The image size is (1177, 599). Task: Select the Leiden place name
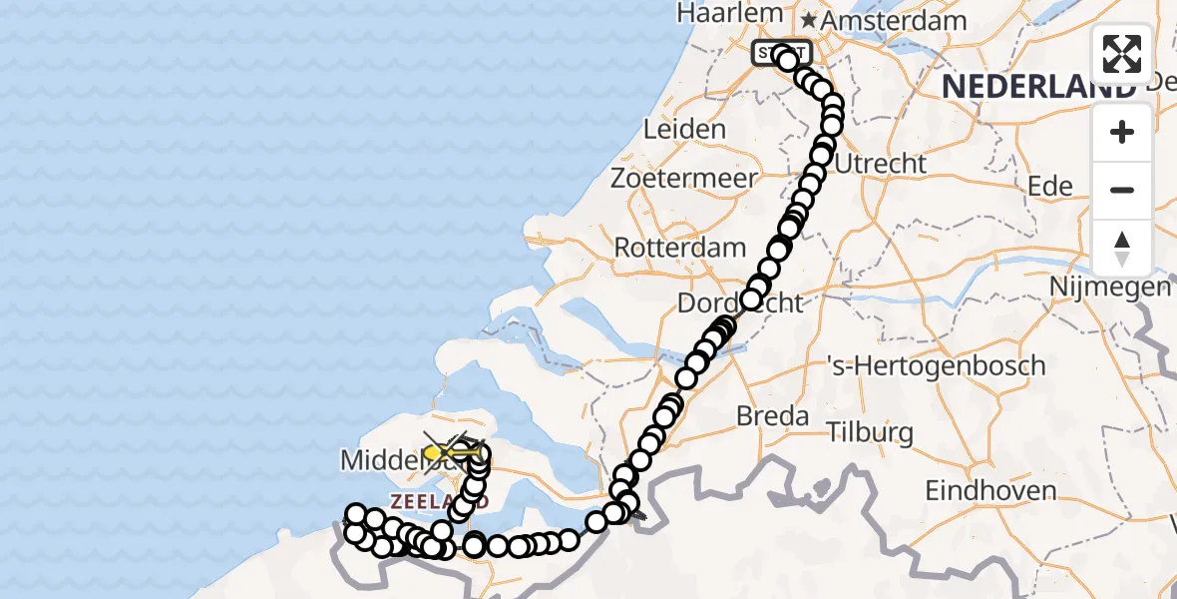684,130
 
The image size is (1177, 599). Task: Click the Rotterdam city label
680,248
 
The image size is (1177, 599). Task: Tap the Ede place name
1050,186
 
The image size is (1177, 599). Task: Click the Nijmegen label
1109,288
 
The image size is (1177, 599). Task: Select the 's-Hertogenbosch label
937,365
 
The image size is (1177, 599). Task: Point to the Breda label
771,415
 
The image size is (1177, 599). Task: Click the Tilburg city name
870,433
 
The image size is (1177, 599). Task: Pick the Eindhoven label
990,491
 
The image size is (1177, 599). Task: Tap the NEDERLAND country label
1037,87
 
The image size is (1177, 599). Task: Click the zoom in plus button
1122,133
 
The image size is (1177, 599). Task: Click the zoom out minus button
1122,191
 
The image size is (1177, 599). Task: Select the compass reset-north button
1122,249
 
